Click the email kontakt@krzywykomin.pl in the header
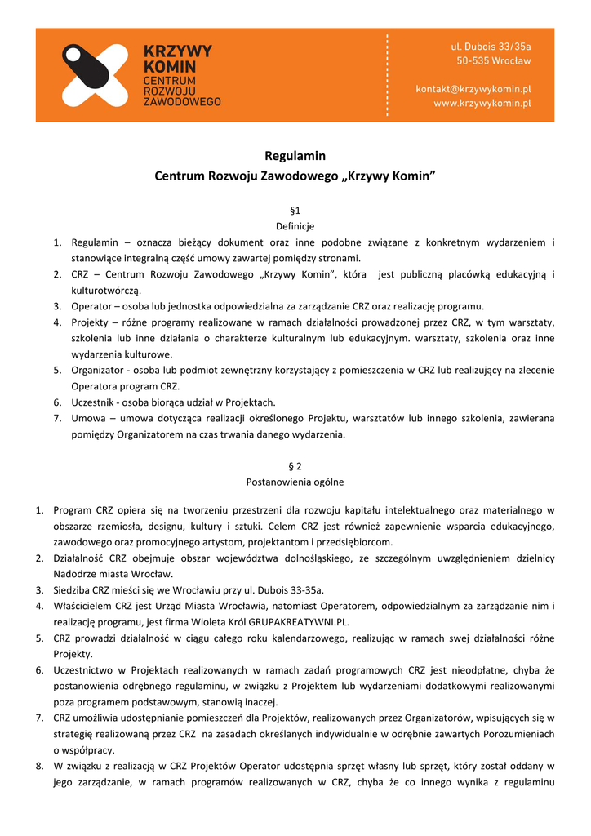[473, 88]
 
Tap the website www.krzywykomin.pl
[482, 104]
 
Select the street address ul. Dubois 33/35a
[491, 47]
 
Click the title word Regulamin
[295, 155]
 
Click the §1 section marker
[295, 211]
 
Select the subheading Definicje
[295, 226]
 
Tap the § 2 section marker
[295, 466]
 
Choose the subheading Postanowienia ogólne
[295, 482]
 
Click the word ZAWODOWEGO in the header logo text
[182, 102]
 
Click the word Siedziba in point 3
[73, 589]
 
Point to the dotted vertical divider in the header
[386, 75]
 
